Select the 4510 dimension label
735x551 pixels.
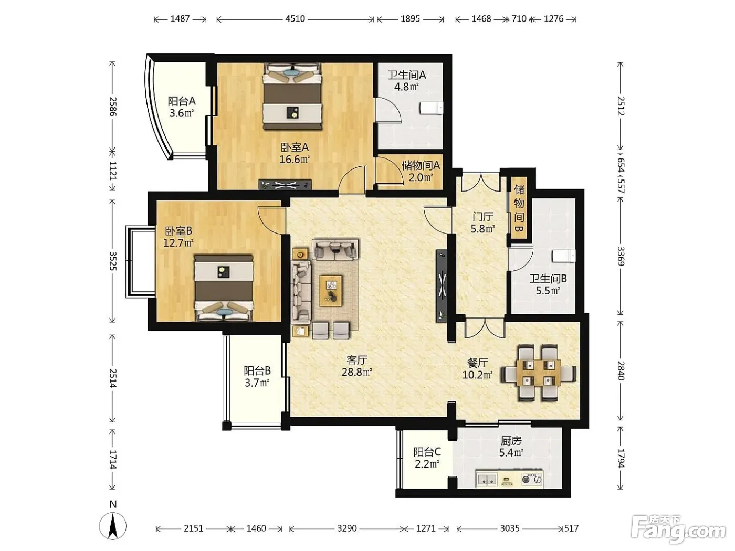pos(295,19)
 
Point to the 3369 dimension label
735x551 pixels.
pos(621,256)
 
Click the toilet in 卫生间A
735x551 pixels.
pos(432,108)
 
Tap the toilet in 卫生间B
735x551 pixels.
pos(564,256)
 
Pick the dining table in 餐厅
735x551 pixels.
pos(539,373)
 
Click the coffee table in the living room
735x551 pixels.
pos(331,290)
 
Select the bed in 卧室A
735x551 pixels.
pos(292,96)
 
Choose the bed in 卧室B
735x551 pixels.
pos(223,288)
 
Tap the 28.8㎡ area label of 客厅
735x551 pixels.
pos(357,372)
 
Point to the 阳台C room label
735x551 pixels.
pos(427,452)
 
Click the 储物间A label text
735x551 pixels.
pos(421,165)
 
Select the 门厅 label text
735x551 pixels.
pos(482,217)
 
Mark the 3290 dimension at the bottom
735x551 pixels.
pos(347,528)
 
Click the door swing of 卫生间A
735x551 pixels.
pos(387,110)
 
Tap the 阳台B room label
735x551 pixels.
pos(257,370)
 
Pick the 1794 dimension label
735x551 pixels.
pos(621,458)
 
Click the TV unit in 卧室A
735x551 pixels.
pos(285,185)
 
